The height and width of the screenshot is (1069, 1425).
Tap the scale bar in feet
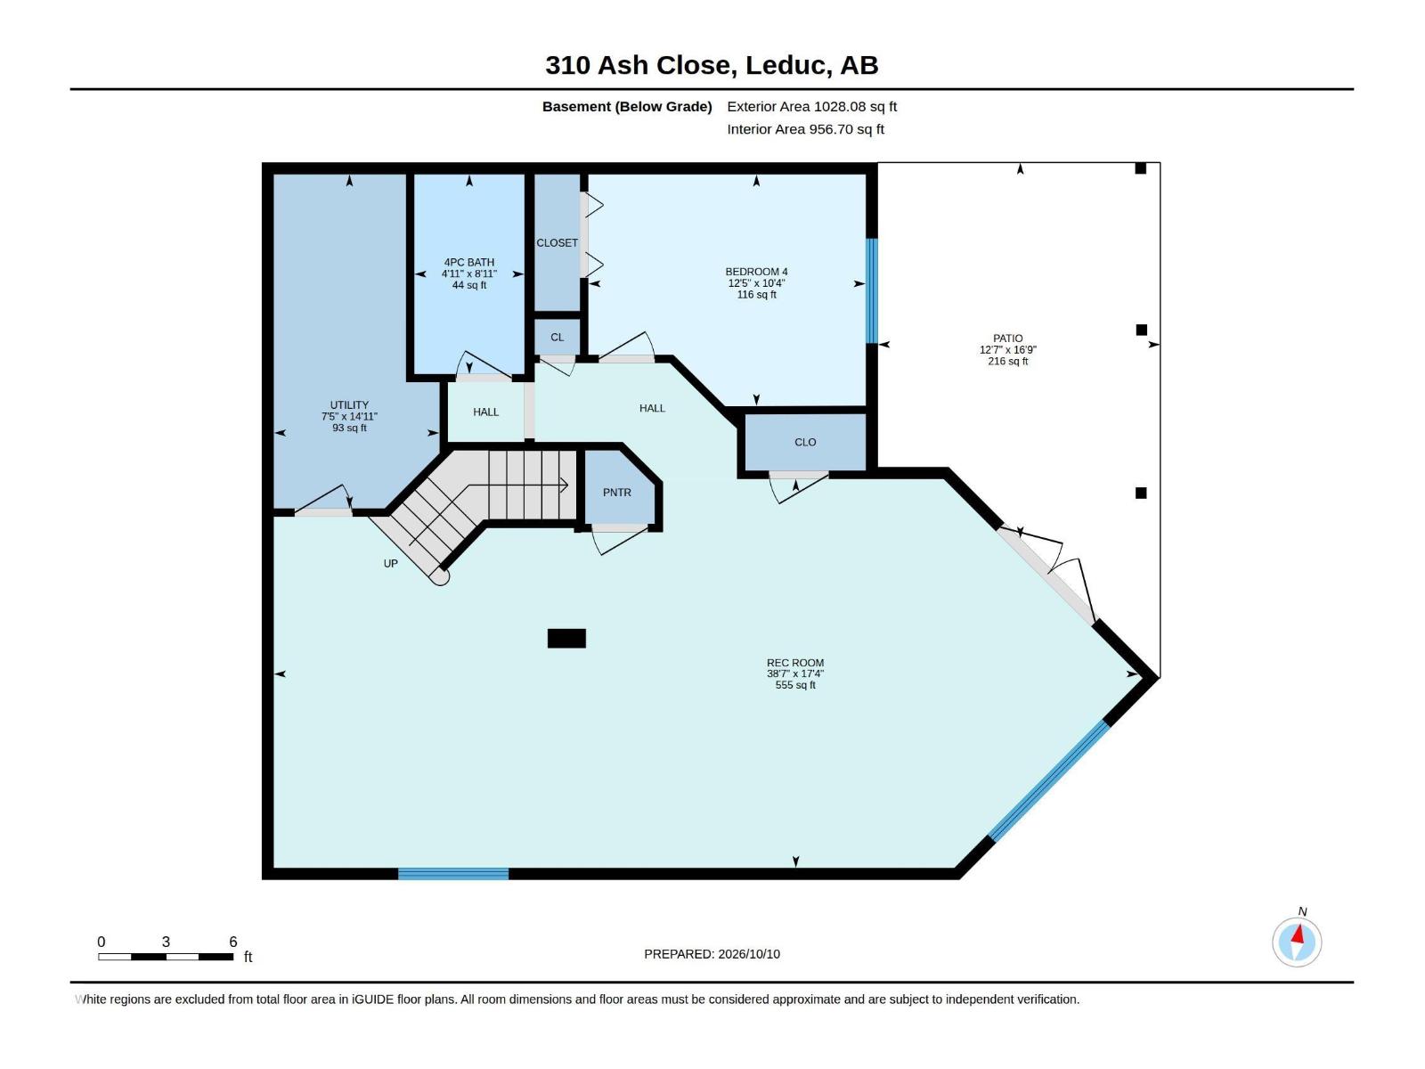[x=166, y=957]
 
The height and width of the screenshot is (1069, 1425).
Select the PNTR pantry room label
[x=616, y=493]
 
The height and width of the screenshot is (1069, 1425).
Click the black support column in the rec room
[x=566, y=639]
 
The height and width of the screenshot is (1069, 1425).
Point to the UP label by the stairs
[x=390, y=563]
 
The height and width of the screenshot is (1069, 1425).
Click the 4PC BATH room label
[x=468, y=262]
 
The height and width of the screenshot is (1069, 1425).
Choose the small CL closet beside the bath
[x=557, y=337]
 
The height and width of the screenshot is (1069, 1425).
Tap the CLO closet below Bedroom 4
[x=805, y=442]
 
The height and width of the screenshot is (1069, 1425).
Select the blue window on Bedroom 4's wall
[x=872, y=290]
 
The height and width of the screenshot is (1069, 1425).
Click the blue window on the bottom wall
[x=453, y=874]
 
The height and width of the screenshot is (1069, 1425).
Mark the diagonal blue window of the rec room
[x=1049, y=781]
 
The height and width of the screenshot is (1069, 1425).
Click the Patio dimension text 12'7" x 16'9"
[x=1007, y=350]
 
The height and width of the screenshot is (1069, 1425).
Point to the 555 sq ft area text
[x=795, y=685]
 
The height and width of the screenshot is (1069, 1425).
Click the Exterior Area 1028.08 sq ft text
[x=811, y=106]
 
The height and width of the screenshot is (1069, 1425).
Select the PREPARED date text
[x=712, y=954]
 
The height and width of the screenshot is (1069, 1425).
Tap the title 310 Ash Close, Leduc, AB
[x=712, y=65]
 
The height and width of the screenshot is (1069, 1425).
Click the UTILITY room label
[x=349, y=404]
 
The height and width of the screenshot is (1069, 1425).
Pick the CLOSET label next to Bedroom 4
[x=557, y=242]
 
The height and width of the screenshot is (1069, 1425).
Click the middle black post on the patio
[x=1141, y=330]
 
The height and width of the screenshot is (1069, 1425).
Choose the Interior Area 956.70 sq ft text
[x=806, y=129]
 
